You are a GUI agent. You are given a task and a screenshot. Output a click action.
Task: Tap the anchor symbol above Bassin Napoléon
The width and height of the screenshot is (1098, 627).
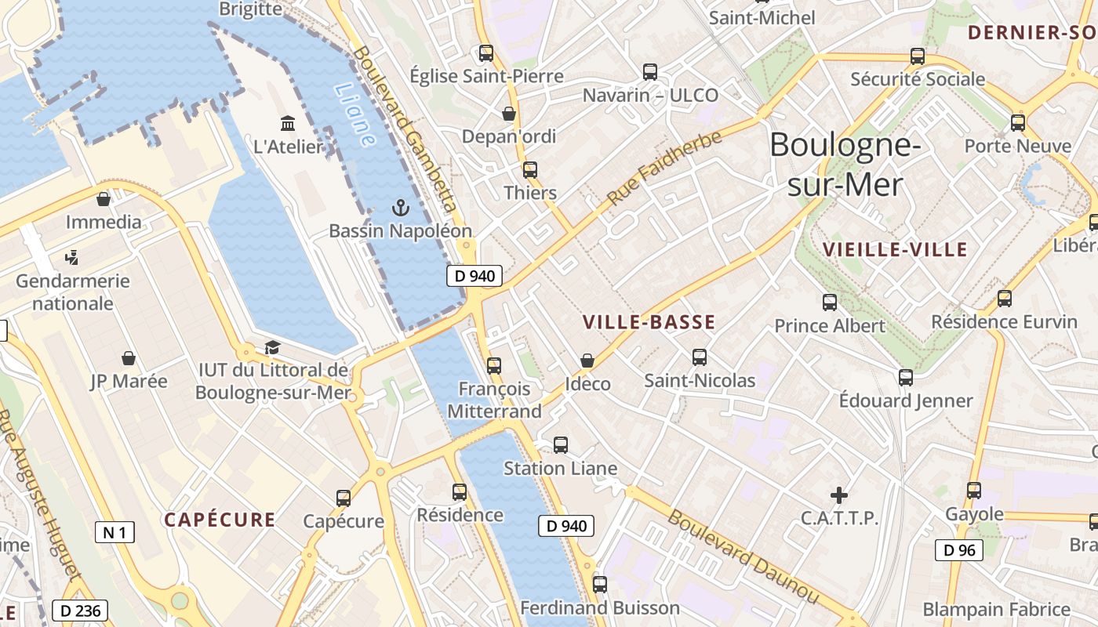401,208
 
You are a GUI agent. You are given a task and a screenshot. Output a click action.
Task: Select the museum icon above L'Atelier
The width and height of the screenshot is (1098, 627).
288,123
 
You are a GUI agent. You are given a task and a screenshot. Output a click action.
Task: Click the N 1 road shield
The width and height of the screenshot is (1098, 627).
115,533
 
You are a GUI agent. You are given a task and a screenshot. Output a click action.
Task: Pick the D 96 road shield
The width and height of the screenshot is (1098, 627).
959,550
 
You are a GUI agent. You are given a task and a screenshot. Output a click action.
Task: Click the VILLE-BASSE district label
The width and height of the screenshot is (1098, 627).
649,322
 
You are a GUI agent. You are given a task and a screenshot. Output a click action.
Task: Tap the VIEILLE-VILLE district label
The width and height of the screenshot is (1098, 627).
895,250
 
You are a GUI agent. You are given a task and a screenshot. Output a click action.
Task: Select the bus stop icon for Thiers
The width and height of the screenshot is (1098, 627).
530,169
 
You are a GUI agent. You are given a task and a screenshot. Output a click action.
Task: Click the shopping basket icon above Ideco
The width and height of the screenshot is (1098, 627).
587,361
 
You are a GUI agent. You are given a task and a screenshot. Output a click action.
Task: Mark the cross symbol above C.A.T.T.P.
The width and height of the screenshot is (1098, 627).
839,495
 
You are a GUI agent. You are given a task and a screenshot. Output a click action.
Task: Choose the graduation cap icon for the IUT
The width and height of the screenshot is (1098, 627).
272,347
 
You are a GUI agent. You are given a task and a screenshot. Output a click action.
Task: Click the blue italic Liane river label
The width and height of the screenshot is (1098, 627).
354,115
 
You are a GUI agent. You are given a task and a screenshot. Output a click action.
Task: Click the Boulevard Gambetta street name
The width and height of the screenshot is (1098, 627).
405,129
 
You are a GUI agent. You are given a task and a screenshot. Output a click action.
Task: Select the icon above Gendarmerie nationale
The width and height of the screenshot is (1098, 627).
72,256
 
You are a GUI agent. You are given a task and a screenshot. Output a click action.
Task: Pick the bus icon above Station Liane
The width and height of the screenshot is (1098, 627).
561,445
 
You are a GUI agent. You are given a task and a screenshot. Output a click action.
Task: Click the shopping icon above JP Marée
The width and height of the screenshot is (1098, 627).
129,358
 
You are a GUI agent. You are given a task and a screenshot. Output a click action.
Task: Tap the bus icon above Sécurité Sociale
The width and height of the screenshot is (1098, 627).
918,56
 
